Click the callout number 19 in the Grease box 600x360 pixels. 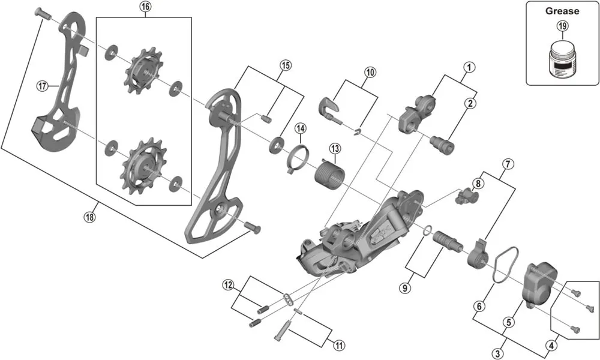[562, 26]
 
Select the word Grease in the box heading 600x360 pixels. [562, 11]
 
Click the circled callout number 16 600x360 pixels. [145, 7]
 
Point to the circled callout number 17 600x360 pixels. [41, 86]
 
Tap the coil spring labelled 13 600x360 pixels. [328, 170]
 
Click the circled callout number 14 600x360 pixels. [300, 128]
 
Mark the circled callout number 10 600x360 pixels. [370, 72]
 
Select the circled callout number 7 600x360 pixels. [508, 163]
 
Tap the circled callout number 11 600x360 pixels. [340, 345]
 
